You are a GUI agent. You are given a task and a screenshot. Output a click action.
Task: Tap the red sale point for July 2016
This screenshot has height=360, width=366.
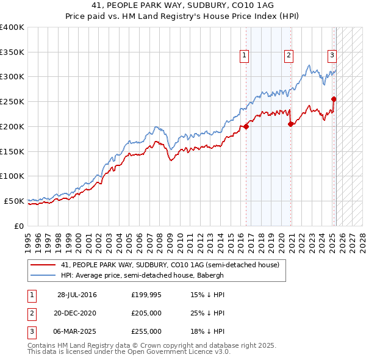[x=246, y=127]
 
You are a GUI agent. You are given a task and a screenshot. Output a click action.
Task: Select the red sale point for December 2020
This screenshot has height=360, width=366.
[x=290, y=124]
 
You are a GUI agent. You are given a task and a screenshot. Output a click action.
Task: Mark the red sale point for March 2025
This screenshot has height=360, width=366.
[x=334, y=99]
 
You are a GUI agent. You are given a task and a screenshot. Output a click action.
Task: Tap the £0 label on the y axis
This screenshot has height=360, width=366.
[x=19, y=225]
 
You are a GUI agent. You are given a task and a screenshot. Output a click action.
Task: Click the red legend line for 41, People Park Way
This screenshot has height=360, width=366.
[x=42, y=265]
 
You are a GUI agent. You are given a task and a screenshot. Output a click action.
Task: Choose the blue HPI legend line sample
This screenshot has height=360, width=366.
[x=42, y=275]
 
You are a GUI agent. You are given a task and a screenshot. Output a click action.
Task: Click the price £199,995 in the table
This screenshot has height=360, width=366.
[x=146, y=295]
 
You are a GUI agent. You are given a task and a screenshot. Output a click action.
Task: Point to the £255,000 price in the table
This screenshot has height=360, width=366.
[x=146, y=331]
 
